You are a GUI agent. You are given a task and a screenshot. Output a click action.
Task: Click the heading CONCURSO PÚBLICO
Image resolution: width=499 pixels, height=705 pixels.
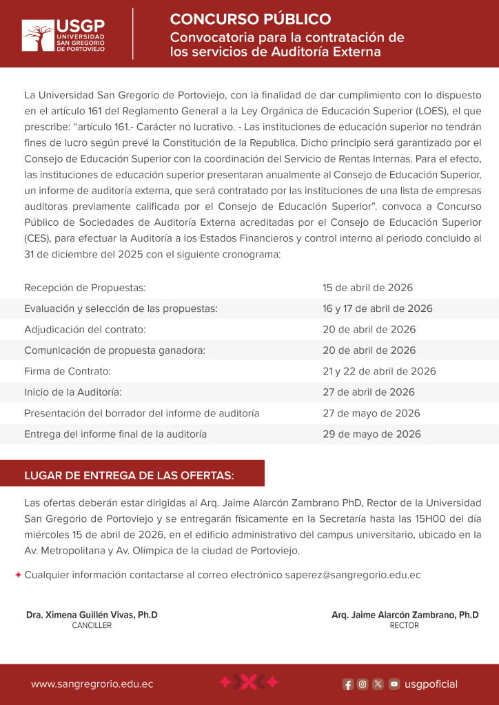[250, 19]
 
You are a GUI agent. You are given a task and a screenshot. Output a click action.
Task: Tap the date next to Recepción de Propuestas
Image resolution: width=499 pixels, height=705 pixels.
[367, 287]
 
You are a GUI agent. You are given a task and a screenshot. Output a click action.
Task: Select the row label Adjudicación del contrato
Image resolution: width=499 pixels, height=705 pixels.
[85, 329]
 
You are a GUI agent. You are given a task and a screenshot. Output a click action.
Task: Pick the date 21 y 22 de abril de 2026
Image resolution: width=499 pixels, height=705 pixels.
[379, 371]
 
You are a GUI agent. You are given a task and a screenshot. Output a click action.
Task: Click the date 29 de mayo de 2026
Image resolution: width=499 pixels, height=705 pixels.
[371, 434]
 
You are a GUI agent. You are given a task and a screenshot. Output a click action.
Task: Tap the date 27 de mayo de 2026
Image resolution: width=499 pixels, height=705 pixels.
[371, 413]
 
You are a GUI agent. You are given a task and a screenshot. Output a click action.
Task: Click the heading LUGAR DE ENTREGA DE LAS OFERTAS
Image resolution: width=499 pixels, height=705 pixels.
[129, 475]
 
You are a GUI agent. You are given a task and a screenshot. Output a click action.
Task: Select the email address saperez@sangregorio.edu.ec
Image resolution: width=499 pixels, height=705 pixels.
[352, 575]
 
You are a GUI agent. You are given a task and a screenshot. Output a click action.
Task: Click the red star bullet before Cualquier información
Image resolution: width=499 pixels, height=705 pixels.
[18, 575]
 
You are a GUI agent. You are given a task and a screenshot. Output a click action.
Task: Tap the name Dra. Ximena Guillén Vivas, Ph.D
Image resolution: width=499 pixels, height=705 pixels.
[92, 615]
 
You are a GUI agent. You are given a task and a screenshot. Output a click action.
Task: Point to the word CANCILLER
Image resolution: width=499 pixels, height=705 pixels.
[92, 626]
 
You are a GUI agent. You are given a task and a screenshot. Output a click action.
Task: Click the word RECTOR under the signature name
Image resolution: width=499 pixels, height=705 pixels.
[404, 626]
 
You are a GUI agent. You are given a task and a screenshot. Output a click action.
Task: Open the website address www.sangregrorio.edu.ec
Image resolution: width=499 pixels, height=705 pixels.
[92, 684]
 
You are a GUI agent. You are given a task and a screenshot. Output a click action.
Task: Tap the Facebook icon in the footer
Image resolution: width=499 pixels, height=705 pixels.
[348, 684]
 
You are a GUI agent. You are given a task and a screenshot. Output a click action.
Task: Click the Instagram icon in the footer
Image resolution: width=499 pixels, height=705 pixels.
[363, 684]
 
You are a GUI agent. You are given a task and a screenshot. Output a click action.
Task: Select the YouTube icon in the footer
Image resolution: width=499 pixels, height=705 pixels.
[394, 684]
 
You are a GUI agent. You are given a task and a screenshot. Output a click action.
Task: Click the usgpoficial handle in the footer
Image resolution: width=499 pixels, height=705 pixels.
[431, 684]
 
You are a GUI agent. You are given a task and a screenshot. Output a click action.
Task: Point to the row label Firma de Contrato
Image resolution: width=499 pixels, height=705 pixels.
[68, 371]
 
